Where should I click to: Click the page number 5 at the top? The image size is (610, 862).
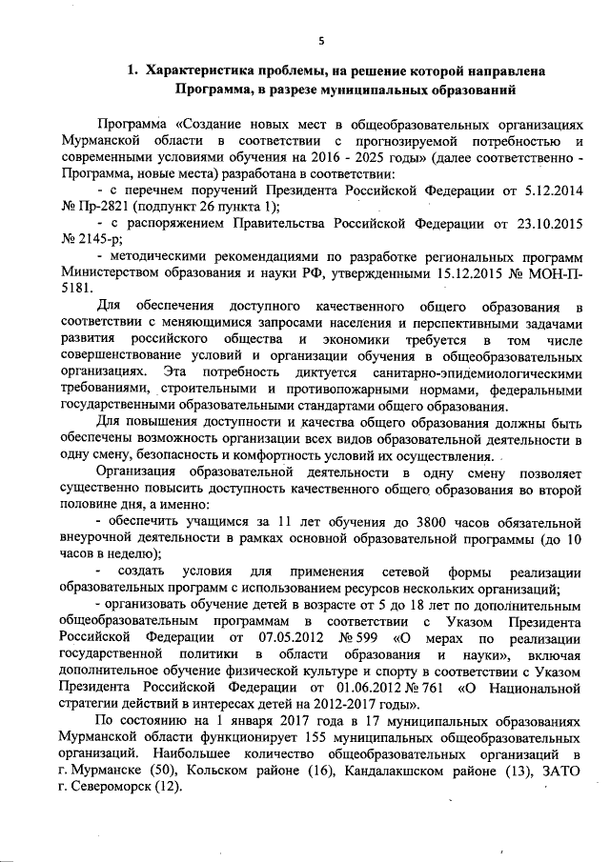click(x=321, y=39)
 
